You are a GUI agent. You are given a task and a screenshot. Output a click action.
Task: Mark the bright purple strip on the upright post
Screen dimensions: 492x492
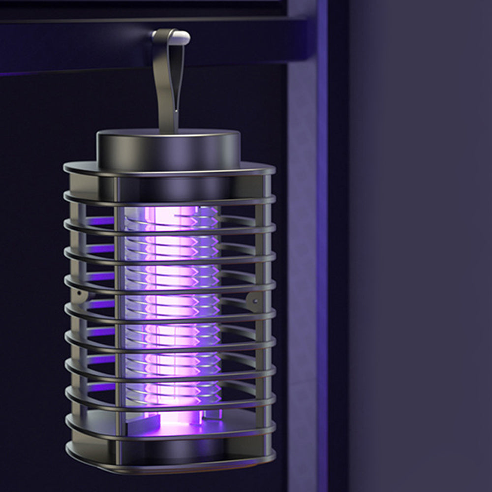point(322,246)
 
